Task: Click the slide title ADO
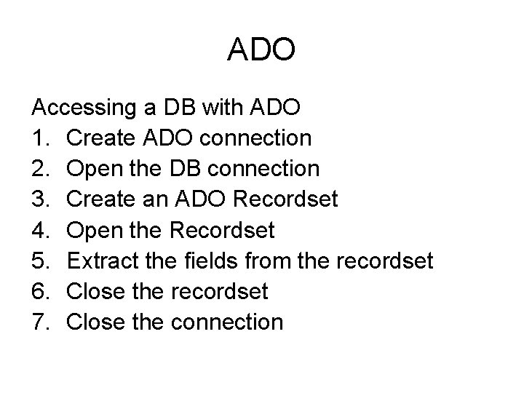click(x=261, y=49)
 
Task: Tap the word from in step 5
click(x=263, y=261)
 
